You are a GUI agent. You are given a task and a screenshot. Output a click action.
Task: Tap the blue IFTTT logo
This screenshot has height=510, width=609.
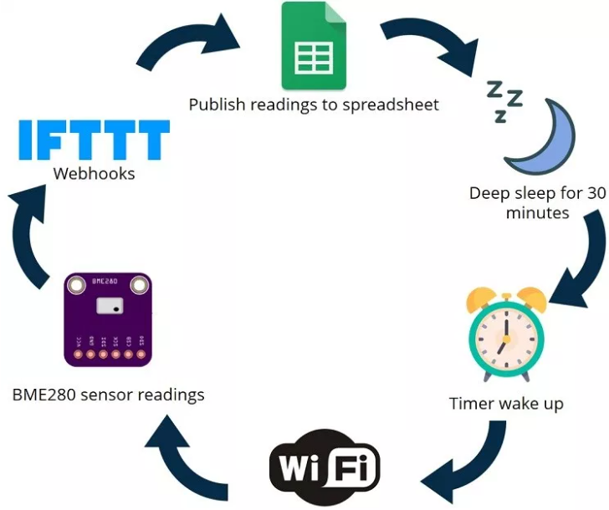tap(94, 140)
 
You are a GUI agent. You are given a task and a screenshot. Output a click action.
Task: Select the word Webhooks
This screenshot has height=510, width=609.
tap(94, 174)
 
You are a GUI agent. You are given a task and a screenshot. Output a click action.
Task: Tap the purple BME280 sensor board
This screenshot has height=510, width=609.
tap(108, 319)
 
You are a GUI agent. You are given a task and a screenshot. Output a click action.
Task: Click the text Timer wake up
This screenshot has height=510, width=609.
tap(506, 404)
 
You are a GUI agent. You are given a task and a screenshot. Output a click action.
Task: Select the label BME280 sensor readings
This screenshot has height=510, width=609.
tap(108, 394)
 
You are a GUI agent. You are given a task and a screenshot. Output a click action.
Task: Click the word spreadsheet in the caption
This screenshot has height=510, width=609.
tap(390, 105)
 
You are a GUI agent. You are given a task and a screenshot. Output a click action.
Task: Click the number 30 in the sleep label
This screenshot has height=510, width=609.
tap(596, 193)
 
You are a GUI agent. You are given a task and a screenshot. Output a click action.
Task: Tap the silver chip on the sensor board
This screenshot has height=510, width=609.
tap(109, 305)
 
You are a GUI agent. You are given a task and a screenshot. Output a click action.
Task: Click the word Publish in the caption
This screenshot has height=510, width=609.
tap(216, 105)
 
